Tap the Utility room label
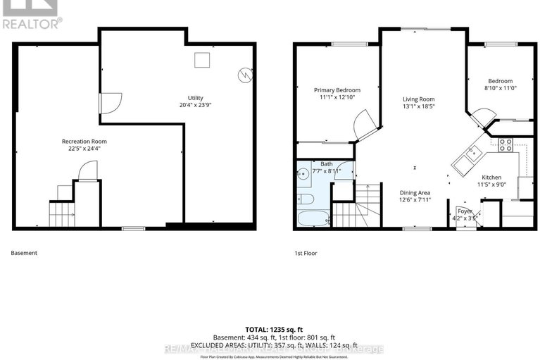coord(195,97)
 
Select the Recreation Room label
coord(88,141)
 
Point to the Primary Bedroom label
coord(337,90)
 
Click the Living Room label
coord(418,99)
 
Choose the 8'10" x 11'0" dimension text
coord(501,88)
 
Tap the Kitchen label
coord(491,177)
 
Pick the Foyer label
coord(465,211)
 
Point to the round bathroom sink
coord(303,177)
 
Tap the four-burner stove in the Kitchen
coord(506,146)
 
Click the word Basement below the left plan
coord(25,253)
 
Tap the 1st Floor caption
coord(306,253)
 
